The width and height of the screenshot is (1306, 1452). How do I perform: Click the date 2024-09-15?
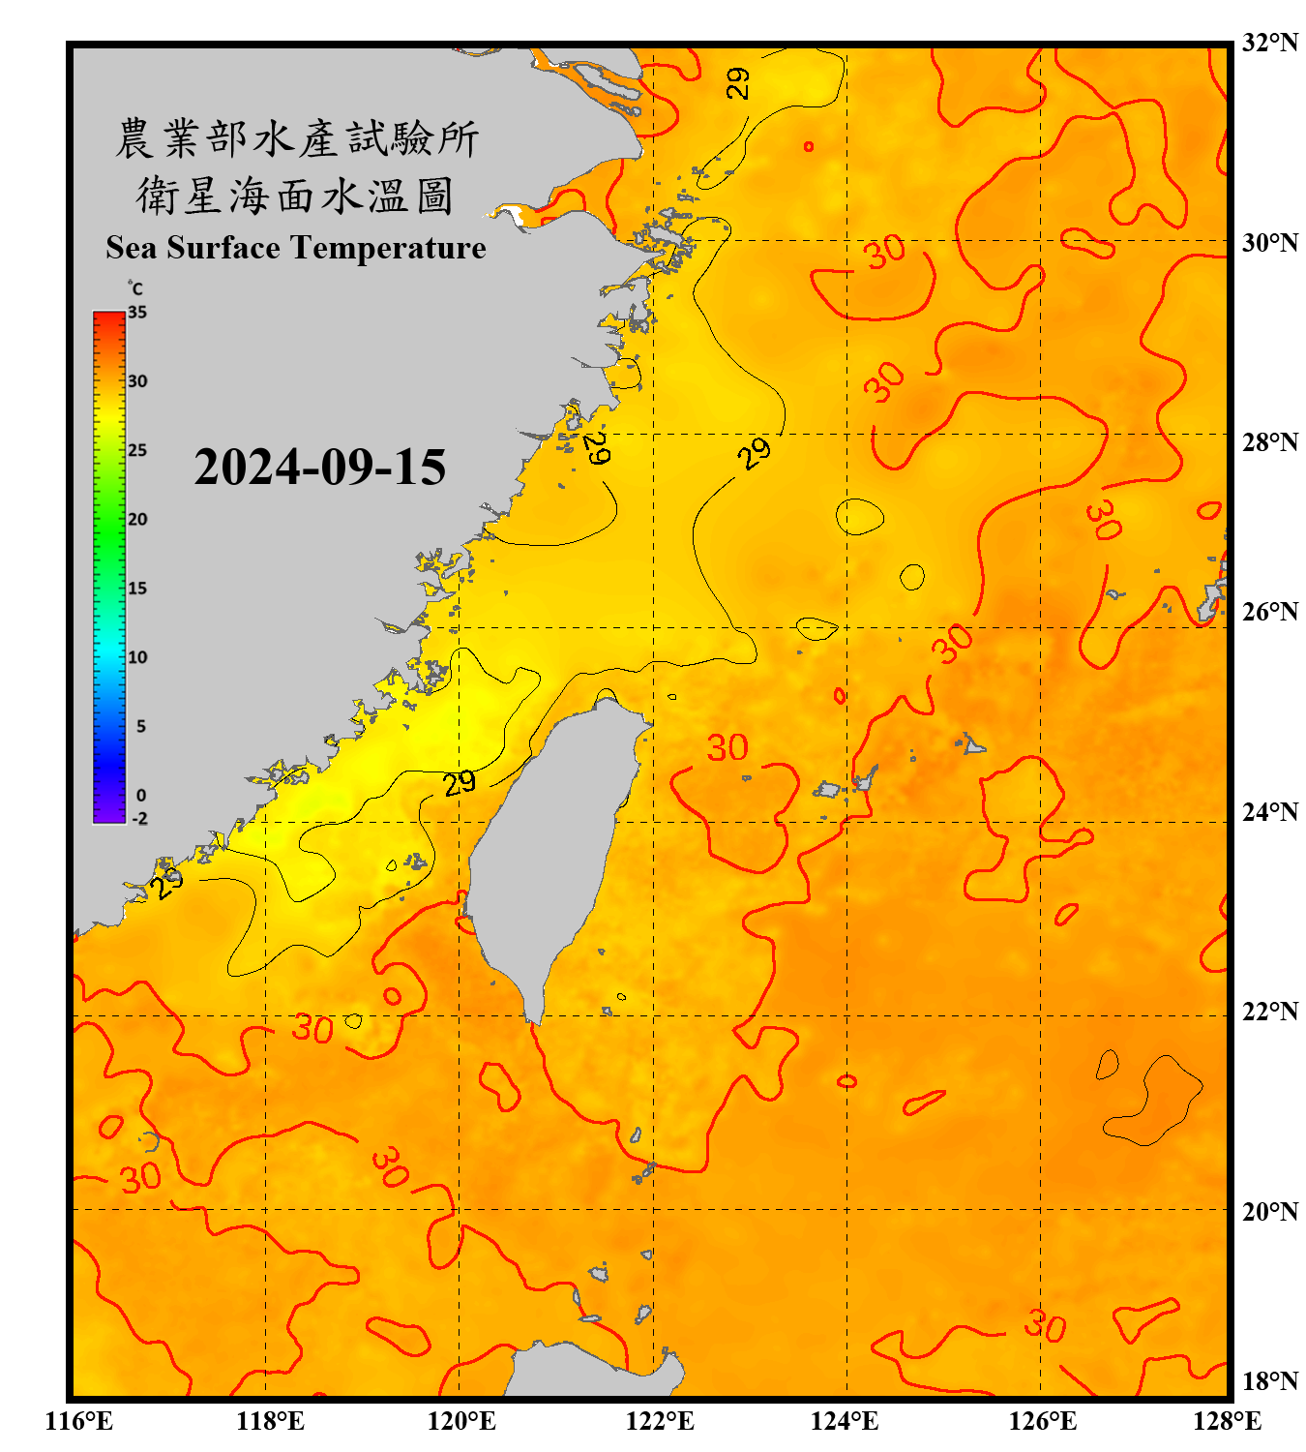(320, 468)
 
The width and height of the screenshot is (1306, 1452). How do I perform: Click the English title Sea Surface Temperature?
(296, 248)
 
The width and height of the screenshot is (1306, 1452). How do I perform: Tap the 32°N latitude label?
(1269, 43)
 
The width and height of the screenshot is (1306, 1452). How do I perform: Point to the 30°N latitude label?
(1269, 242)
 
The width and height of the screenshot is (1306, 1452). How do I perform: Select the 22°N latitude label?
(1269, 1012)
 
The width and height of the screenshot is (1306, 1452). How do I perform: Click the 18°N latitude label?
(1269, 1381)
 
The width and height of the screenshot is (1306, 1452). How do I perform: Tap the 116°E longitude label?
(79, 1421)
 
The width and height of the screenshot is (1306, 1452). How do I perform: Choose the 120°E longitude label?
(461, 1421)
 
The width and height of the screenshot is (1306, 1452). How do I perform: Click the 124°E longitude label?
(845, 1421)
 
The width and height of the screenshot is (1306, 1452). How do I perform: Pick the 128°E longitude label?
(1227, 1421)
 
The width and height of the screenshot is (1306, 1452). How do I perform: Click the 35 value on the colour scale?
(137, 312)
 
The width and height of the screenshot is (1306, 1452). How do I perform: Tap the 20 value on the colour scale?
(137, 519)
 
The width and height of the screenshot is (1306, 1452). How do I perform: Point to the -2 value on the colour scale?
(139, 818)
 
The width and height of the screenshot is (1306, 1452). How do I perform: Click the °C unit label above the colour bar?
(135, 288)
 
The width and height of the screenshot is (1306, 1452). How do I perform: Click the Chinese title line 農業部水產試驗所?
(296, 138)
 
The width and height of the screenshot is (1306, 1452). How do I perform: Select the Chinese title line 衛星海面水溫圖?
(296, 196)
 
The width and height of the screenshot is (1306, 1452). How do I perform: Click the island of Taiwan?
(551, 852)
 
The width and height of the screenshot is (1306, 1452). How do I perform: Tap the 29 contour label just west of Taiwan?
(460, 782)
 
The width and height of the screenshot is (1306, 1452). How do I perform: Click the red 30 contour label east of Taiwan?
(727, 747)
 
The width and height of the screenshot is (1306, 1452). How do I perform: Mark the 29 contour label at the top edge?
(738, 82)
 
